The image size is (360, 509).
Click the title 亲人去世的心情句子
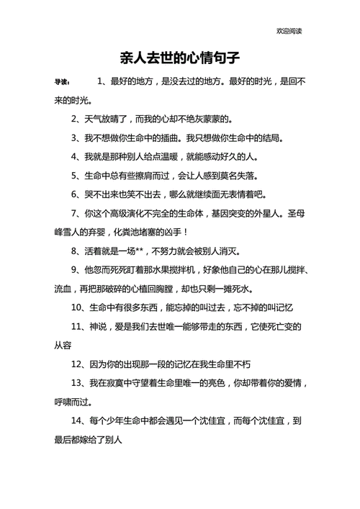tap(179, 55)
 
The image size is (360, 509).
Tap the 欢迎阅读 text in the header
tap(289, 31)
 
